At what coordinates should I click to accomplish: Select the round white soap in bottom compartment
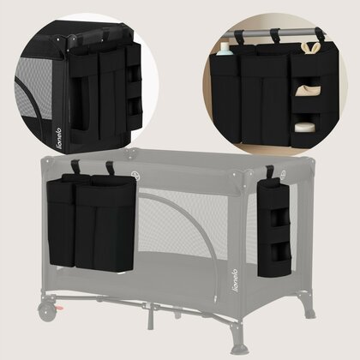point(303,127)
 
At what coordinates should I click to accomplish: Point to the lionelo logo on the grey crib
point(235,280)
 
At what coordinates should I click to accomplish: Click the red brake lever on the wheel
point(58,308)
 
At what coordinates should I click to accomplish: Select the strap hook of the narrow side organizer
point(270,171)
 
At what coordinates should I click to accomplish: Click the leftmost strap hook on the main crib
point(75,167)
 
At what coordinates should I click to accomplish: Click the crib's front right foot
point(239,343)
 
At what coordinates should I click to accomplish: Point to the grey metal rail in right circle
point(274,33)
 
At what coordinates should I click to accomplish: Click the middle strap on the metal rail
point(275,35)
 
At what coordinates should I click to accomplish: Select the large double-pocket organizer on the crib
point(92,222)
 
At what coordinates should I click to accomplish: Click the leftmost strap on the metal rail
point(239,37)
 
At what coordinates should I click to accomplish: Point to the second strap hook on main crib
point(111,168)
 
